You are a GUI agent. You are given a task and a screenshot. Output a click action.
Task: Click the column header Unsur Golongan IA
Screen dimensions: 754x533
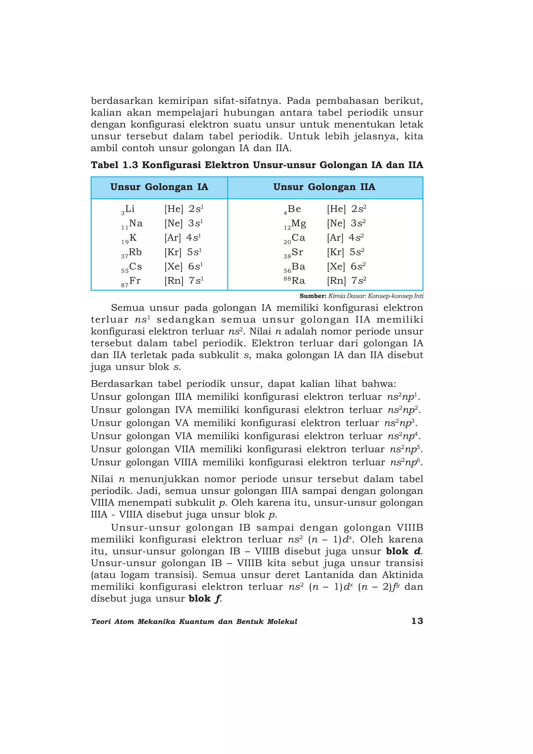pyautogui.click(x=159, y=187)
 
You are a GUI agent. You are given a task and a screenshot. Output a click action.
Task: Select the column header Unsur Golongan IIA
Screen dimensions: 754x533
pyautogui.click(x=324, y=187)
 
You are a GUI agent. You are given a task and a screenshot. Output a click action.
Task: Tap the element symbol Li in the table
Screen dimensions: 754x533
pyautogui.click(x=130, y=209)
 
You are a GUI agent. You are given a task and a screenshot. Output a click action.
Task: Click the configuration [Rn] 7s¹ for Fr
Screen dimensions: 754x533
pyautogui.click(x=184, y=281)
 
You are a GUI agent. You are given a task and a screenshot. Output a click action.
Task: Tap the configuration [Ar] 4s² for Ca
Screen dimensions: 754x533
pyautogui.click(x=345, y=238)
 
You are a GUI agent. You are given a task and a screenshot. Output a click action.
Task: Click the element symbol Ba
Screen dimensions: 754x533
pyautogui.click(x=298, y=267)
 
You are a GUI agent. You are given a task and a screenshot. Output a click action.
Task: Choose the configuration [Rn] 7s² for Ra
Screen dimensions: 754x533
pyautogui.click(x=346, y=281)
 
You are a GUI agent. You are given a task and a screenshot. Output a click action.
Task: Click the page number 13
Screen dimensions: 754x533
pyautogui.click(x=417, y=621)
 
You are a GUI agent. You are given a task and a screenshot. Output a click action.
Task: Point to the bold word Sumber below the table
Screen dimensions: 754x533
pyautogui.click(x=312, y=296)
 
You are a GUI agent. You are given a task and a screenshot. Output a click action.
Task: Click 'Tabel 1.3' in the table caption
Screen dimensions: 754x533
pyautogui.click(x=114, y=165)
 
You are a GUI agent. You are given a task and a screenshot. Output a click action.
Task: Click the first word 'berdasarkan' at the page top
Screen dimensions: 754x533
pyautogui.click(x=122, y=101)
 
